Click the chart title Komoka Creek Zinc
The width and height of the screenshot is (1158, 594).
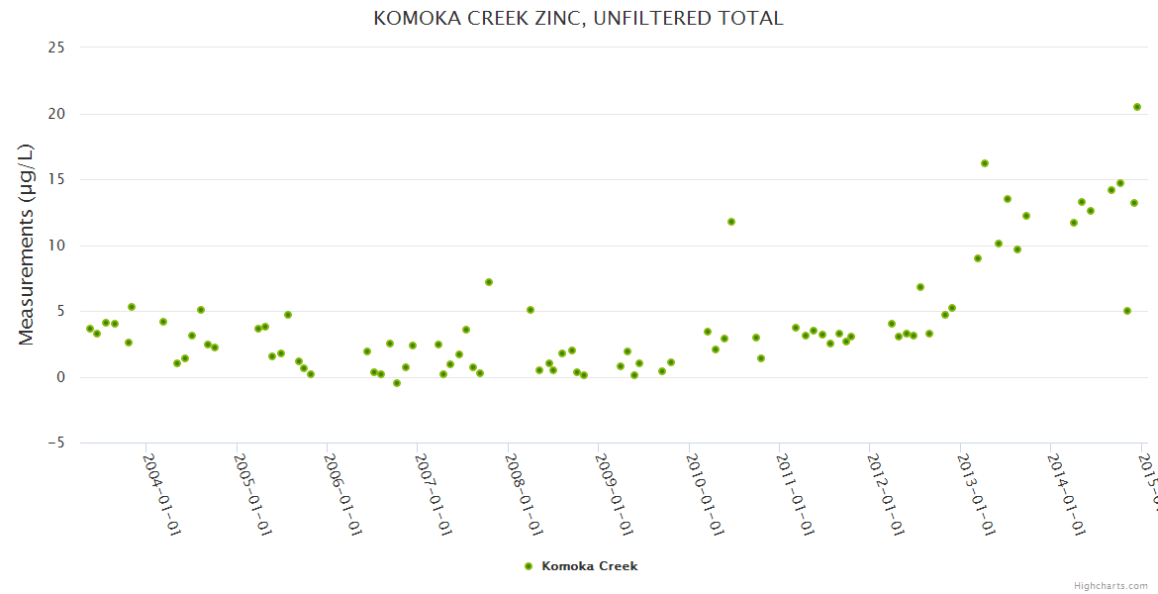point(578,19)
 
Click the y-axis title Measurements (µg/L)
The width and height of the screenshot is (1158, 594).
point(27,245)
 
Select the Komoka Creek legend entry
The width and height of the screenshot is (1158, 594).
point(581,566)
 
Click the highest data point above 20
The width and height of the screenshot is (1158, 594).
point(1137,107)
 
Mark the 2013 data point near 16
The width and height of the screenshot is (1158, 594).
point(985,163)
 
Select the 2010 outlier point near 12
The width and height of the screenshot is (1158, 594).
point(731,222)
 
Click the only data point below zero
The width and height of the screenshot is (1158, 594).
point(397,383)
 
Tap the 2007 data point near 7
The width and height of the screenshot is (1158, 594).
point(489,282)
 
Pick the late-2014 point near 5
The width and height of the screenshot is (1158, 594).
point(1127,311)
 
